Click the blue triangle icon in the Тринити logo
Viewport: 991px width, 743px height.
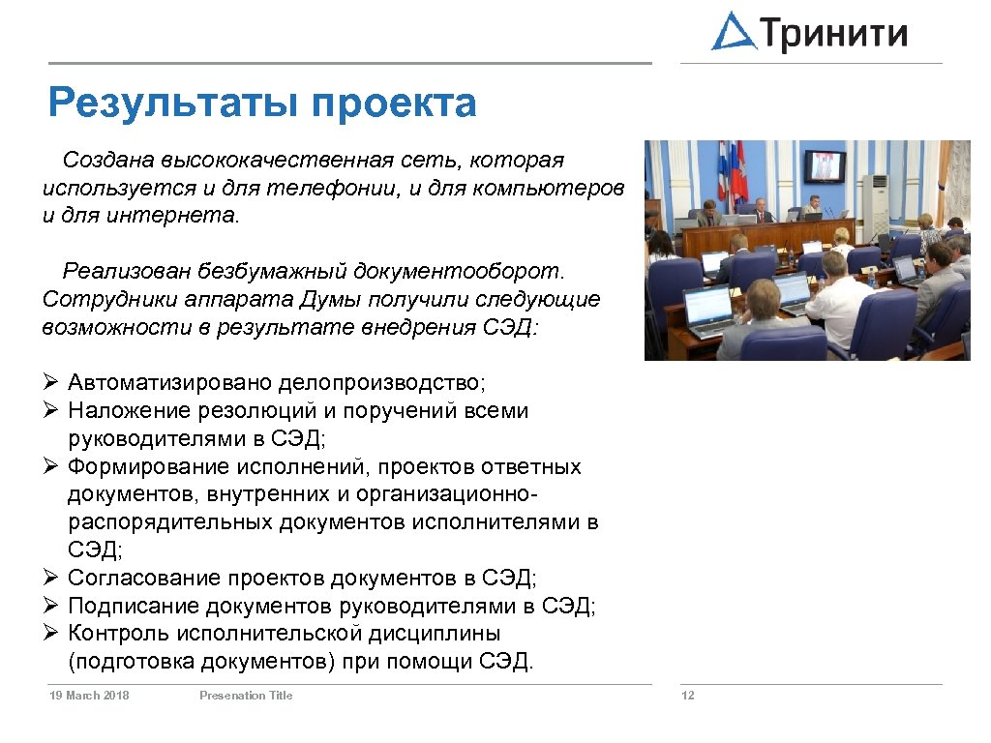pos(734,32)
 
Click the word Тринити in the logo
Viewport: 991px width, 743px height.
pos(834,33)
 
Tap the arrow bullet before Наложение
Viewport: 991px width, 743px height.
pos(52,411)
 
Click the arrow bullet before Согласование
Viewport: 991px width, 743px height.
pos(52,579)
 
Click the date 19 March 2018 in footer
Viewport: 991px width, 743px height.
pos(89,696)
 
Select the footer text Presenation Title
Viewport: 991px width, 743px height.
pos(246,696)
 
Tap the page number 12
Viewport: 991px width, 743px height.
pos(688,696)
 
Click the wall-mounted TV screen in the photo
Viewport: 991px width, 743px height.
pos(825,165)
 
